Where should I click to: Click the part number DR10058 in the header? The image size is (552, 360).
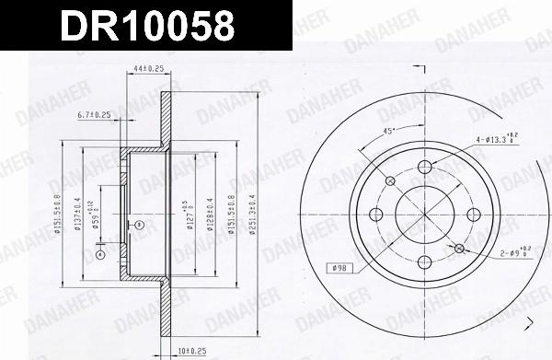[146, 25]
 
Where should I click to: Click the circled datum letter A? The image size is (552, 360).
[99, 254]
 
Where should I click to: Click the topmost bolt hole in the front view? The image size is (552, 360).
[425, 167]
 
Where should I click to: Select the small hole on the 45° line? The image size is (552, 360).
[391, 180]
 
